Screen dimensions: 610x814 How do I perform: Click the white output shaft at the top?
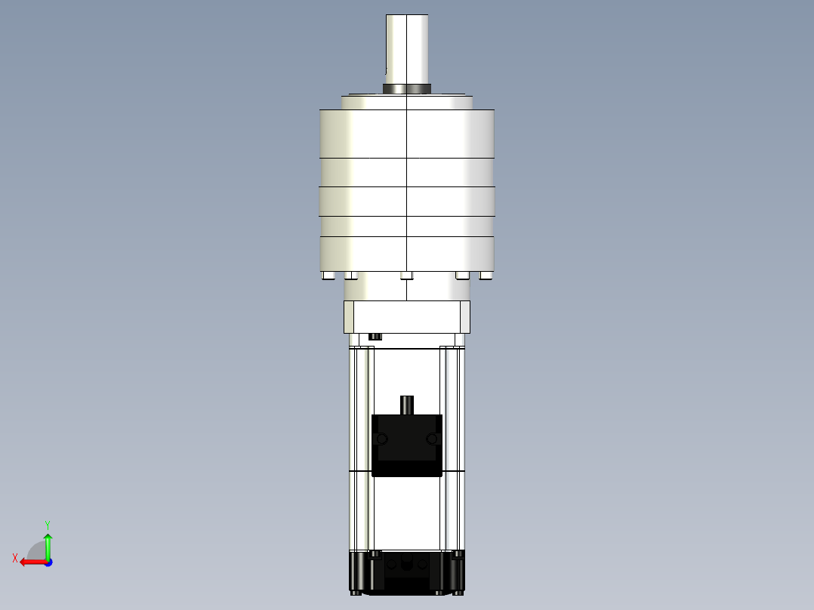pos(407,47)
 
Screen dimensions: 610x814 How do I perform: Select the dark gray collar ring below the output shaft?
pos(407,89)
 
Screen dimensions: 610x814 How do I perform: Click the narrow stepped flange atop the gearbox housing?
pos(407,102)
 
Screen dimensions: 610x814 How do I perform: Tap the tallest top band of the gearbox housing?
pos(407,134)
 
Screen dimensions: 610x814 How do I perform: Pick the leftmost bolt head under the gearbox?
pos(328,276)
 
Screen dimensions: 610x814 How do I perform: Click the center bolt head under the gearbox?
pos(407,276)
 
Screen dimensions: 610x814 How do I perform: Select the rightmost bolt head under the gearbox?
pos(485,276)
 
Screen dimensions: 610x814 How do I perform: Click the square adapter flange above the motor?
pos(407,316)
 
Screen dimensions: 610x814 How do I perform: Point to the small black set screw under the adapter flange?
pos(375,336)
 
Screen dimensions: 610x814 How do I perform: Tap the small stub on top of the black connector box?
pos(407,405)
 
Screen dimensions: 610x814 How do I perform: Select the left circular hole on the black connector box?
pos(382,439)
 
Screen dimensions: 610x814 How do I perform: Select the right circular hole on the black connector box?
pos(432,439)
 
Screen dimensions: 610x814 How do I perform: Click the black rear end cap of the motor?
pos(407,574)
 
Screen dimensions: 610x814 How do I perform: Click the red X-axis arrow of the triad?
pos(32,562)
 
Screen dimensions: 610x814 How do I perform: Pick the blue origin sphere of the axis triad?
pos(48,562)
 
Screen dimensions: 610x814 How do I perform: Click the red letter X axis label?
pos(15,558)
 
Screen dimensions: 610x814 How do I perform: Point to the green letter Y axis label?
pos(47,524)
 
